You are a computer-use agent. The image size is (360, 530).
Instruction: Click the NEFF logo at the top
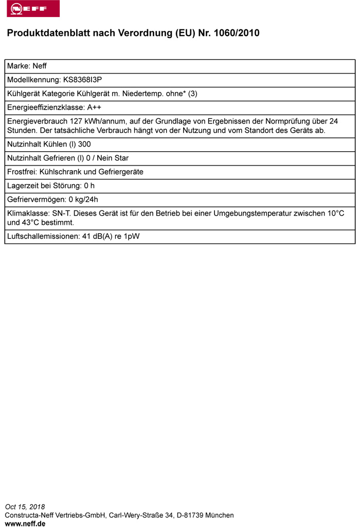33,9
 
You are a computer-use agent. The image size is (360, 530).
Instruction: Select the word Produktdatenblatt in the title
43,33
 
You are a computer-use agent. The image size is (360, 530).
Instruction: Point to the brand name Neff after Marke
40,66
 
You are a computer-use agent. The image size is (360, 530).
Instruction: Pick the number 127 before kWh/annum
70,121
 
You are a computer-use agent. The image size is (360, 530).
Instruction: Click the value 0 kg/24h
83,200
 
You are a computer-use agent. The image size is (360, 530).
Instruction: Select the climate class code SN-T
61,214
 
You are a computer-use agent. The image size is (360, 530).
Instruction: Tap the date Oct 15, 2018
25,507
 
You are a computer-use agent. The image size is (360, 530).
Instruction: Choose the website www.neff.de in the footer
25,523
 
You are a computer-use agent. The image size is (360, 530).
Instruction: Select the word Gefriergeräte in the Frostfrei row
121,172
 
